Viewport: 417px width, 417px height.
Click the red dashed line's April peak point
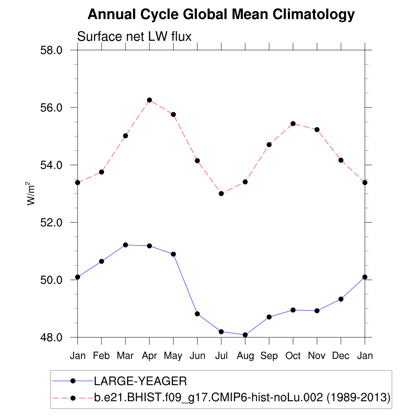[149, 100]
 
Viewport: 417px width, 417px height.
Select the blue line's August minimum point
[245, 335]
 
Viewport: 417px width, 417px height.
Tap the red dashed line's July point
[221, 193]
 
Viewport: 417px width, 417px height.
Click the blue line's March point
[125, 245]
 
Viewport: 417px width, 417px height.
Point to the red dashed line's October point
[293, 123]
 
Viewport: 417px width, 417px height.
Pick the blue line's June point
[197, 314]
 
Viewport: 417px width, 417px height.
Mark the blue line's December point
[341, 299]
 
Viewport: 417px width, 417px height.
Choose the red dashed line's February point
[101, 172]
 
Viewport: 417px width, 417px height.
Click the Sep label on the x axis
[269, 356]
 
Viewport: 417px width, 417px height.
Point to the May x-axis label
[173, 356]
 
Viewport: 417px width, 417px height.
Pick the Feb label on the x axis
[101, 356]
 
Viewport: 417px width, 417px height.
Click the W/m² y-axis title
[31, 193]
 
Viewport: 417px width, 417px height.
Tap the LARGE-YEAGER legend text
[140, 381]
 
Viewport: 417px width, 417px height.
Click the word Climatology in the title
[313, 15]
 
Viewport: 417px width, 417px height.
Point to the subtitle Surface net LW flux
[134, 37]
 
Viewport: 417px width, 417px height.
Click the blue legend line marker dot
[73, 381]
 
